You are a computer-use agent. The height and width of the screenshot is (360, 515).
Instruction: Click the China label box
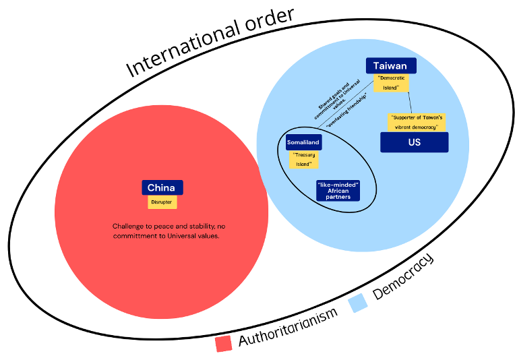pyautogui.click(x=162, y=187)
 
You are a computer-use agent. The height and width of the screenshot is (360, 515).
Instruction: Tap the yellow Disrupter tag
pyautogui.click(x=162, y=202)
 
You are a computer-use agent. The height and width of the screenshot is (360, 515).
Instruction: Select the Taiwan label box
pyautogui.click(x=391, y=65)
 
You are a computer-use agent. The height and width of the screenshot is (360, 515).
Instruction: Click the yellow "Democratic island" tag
pyautogui.click(x=392, y=83)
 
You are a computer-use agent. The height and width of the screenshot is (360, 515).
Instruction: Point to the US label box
pyautogui.click(x=414, y=142)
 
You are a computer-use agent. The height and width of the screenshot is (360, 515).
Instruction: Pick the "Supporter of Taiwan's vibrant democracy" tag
pyautogui.click(x=417, y=122)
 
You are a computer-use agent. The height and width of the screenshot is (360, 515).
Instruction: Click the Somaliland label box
pyautogui.click(x=303, y=142)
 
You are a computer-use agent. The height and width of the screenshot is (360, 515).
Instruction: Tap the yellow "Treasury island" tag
pyautogui.click(x=304, y=159)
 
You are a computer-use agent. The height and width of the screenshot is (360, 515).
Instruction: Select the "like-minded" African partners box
pyautogui.click(x=338, y=190)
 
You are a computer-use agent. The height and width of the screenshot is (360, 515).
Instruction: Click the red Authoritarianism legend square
pyautogui.click(x=224, y=343)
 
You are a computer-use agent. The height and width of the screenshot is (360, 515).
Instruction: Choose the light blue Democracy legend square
pyautogui.click(x=358, y=303)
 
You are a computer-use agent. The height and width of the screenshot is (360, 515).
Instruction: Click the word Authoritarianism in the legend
pyautogui.click(x=287, y=328)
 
